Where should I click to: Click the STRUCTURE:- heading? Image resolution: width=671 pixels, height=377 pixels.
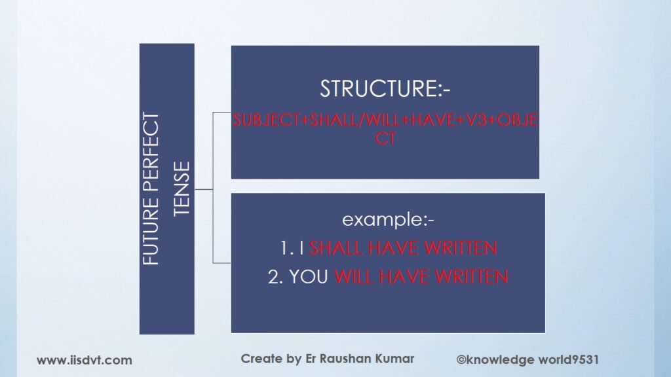[x=385, y=88]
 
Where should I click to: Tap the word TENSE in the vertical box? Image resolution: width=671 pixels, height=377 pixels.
[x=182, y=188]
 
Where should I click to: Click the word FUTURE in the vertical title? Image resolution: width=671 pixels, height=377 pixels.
[x=151, y=231]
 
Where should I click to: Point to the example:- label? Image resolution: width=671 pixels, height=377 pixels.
[x=388, y=220]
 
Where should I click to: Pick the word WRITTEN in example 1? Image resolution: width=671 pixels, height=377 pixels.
[x=461, y=248]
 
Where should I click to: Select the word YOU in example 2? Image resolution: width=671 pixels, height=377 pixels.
[x=309, y=277]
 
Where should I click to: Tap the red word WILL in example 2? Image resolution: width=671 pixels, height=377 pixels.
[x=354, y=277]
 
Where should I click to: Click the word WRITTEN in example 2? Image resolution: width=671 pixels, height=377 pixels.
[x=472, y=277]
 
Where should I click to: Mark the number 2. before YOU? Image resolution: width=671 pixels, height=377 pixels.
[x=276, y=277]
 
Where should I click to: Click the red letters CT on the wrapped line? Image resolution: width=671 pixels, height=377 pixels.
[x=385, y=139]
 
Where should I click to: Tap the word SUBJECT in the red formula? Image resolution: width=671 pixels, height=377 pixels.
[x=266, y=120]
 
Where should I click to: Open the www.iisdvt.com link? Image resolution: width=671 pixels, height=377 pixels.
[x=85, y=361]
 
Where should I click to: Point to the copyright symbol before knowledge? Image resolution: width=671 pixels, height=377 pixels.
[x=461, y=359]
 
